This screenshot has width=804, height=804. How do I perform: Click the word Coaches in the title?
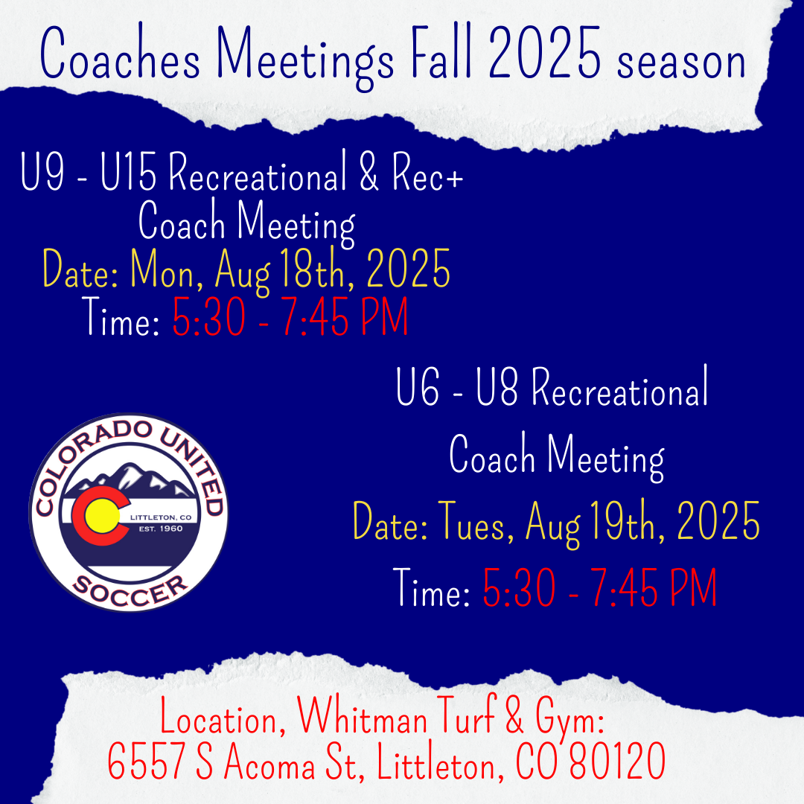pyautogui.click(x=120, y=54)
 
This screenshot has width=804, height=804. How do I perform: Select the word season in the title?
pyautogui.click(x=681, y=63)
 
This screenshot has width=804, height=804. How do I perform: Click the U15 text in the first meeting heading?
pyautogui.click(x=128, y=172)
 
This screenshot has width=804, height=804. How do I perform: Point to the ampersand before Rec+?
pyautogui.click(x=368, y=172)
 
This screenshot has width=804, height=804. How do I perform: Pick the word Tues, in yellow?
pyautogui.click(x=475, y=521)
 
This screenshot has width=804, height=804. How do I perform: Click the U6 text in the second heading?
pyautogui.click(x=418, y=386)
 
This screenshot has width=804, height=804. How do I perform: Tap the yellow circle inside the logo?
pyautogui.click(x=102, y=516)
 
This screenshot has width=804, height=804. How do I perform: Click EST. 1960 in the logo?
pyautogui.click(x=161, y=529)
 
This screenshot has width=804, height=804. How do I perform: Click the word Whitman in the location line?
pyautogui.click(x=363, y=716)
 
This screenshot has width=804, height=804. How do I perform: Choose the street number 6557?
pyautogui.click(x=146, y=761)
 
